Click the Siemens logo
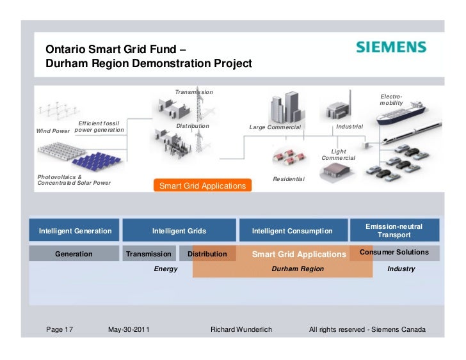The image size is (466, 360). click(x=390, y=47)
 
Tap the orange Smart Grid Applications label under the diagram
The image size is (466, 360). click(x=202, y=186)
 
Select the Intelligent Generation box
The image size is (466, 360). click(x=76, y=231)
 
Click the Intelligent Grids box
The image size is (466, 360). click(x=179, y=231)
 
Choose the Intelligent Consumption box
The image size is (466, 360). click(x=292, y=231)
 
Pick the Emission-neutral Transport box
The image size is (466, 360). click(x=394, y=231)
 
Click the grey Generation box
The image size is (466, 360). click(x=74, y=254)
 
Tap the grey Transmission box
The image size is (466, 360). click(x=149, y=254)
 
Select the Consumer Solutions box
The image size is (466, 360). click(x=394, y=253)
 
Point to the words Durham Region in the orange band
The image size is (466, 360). click(x=298, y=269)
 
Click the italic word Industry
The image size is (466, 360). click(x=401, y=269)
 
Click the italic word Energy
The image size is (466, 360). click(x=166, y=269)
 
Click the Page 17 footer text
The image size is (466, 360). click(x=60, y=330)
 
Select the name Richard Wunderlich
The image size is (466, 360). click(x=241, y=330)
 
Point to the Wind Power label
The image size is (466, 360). click(x=53, y=131)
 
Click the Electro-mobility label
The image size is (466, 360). click(x=391, y=99)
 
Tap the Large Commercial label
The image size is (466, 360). click(x=275, y=127)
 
